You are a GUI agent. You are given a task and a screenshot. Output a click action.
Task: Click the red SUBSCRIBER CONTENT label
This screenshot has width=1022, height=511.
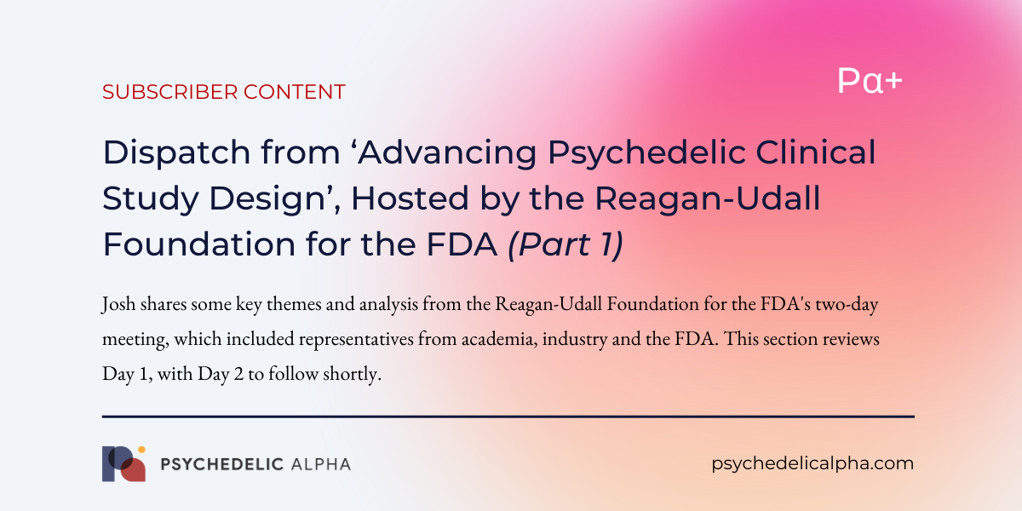(x=223, y=92)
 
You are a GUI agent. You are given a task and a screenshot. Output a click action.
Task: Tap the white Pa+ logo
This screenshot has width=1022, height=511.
(x=870, y=81)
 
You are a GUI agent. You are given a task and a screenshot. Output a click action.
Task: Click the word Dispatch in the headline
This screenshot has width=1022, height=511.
(x=176, y=153)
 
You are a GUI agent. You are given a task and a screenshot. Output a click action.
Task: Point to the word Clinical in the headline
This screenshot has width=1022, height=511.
(x=816, y=152)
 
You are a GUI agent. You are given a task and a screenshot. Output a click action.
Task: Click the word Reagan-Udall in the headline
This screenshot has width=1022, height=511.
(x=708, y=199)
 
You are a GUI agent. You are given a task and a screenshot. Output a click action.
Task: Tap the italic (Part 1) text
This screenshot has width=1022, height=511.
(x=566, y=244)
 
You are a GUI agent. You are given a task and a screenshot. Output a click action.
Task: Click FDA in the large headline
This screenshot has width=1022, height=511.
(x=462, y=244)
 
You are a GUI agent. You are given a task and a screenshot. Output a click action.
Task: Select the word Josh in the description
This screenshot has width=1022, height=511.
(x=118, y=304)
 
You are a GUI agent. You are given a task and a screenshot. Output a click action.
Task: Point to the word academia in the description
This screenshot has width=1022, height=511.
(x=499, y=339)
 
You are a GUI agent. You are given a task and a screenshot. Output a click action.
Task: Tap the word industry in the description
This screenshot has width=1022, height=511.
(x=575, y=340)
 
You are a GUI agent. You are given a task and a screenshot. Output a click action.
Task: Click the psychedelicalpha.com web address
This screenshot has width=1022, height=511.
(x=812, y=464)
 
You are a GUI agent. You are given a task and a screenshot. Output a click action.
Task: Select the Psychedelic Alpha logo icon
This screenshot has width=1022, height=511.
(x=124, y=463)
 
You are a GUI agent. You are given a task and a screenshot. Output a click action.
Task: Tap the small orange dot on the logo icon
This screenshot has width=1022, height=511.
(x=141, y=450)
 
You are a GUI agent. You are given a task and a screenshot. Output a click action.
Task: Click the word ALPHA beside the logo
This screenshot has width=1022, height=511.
(x=321, y=464)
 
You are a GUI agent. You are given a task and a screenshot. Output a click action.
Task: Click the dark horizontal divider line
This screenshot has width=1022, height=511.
(x=508, y=416)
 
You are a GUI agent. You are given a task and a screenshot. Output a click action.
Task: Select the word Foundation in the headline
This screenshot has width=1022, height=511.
(x=199, y=244)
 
